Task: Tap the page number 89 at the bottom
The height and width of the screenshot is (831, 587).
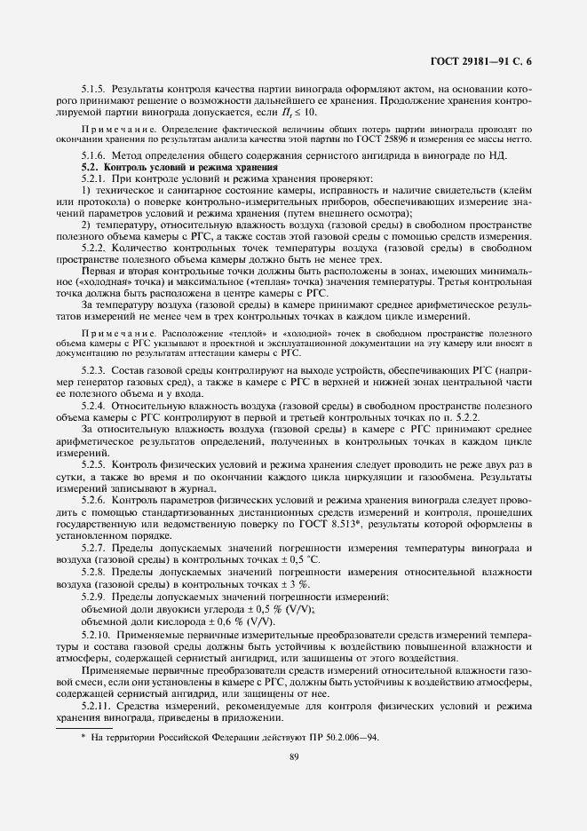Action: pos(293,756)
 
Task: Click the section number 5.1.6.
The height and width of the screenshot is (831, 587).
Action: pos(95,155)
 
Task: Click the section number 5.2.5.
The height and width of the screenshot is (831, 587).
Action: pos(95,465)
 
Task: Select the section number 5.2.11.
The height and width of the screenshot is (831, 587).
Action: pos(97,706)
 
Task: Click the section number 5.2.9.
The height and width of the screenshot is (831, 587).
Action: pos(95,598)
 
